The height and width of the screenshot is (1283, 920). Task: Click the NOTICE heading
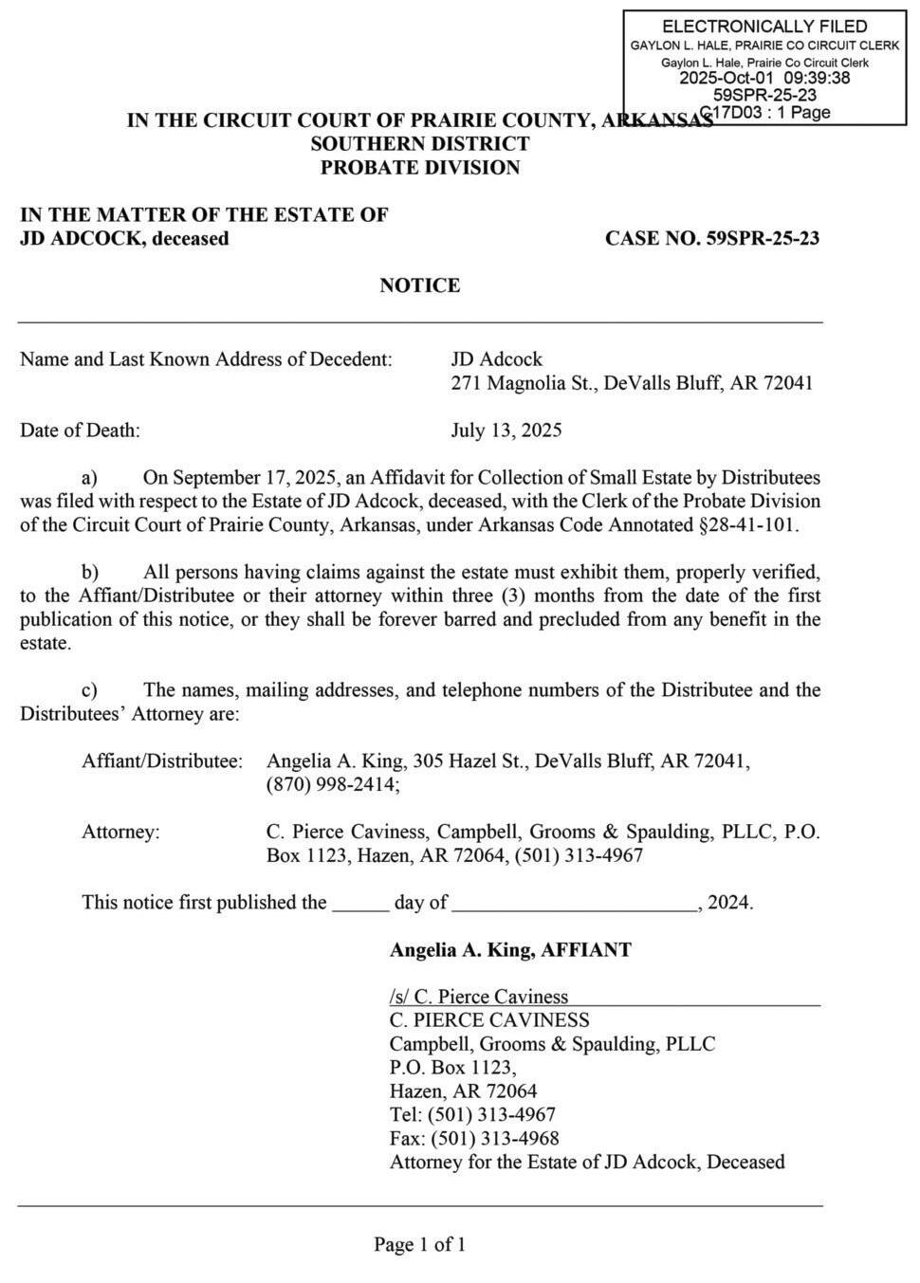419,285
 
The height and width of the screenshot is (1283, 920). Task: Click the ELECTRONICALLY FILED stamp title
764,27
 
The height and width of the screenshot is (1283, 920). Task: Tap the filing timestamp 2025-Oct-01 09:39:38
764,78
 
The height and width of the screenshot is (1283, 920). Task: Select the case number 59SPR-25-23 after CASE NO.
763,238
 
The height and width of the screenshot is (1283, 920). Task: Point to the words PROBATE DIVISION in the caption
419,168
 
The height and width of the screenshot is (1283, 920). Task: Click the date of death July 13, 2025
506,431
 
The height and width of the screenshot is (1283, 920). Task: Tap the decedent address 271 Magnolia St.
522,383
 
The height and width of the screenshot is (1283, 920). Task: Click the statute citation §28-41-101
749,525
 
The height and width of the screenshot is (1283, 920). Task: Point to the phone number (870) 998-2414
333,785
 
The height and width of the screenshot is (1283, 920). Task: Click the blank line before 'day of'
360,904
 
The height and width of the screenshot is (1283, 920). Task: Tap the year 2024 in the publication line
728,903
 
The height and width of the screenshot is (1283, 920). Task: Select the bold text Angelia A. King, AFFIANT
510,950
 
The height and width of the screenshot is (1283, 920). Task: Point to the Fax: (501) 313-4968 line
474,1139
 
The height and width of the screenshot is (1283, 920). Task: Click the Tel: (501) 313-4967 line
472,1115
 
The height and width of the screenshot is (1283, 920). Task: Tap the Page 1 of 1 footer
419,1245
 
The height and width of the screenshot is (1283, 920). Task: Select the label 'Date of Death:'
80,431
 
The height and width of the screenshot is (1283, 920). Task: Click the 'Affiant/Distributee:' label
162,761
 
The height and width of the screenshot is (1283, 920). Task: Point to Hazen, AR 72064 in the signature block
463,1091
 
